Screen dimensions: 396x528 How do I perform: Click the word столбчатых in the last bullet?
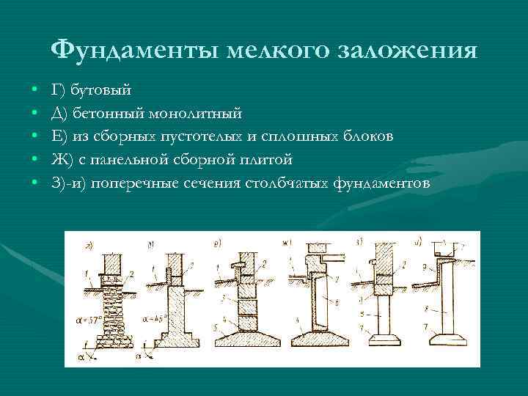(x=288, y=183)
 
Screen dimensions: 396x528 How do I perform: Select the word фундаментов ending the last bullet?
(x=381, y=183)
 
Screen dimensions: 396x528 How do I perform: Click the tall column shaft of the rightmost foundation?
(x=444, y=301)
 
